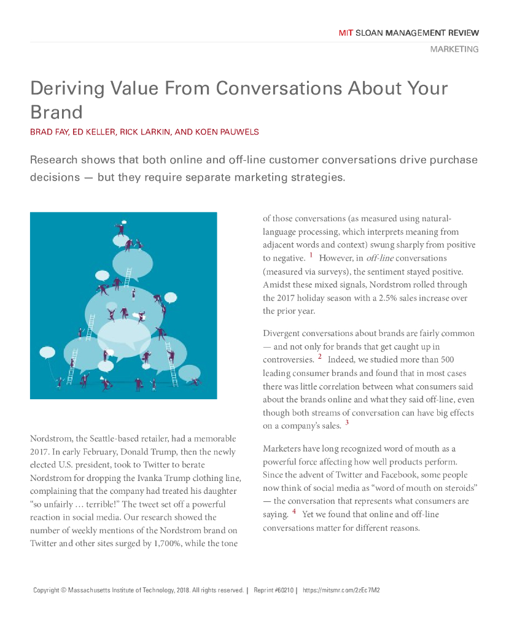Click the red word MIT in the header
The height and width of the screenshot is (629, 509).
pos(346,33)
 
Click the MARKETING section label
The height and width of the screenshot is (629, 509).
pos(454,49)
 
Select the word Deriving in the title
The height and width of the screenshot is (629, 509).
pos(66,88)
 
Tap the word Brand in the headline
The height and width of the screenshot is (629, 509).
pos(56,112)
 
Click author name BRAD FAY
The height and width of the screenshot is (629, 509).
pos(49,132)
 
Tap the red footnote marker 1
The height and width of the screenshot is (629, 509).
pos(311,255)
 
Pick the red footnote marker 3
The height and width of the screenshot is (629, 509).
pos(346,423)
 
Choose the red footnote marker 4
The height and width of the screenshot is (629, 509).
pos(294,511)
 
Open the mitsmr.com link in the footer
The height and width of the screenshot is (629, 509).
pos(341,590)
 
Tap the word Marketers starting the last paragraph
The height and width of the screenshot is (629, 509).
pos(284,449)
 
